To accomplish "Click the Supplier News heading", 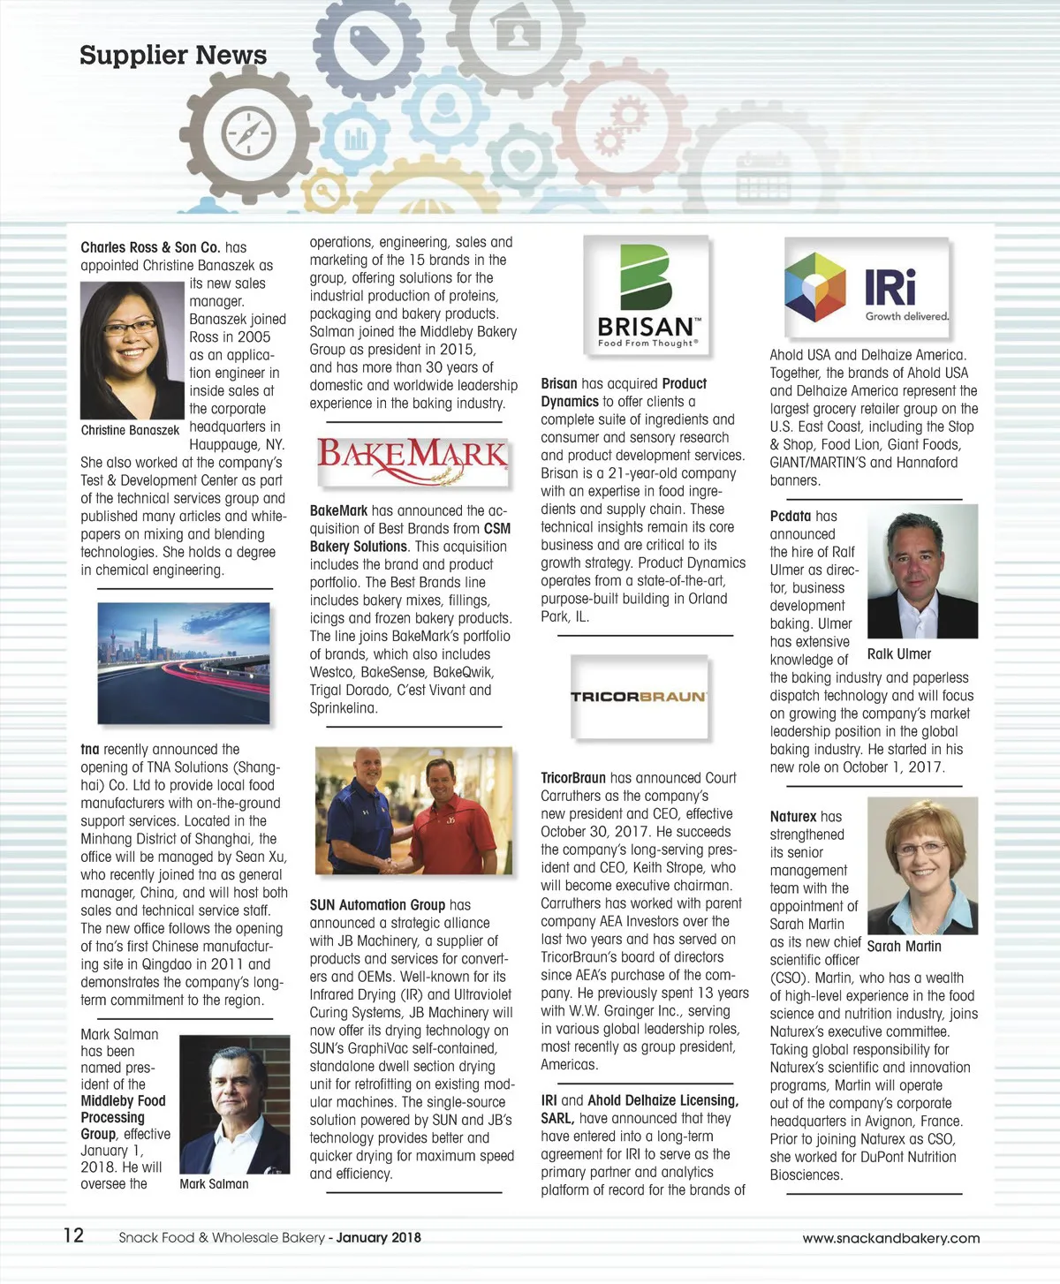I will [173, 55].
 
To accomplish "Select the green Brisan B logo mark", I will [646, 276].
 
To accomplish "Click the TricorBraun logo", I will [639, 697].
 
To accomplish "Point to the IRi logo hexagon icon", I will [815, 287].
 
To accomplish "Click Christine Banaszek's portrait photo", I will [132, 350].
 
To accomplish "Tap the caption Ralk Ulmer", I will [899, 654].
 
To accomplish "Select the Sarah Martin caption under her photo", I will [905, 947].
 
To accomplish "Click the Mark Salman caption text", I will [214, 1184].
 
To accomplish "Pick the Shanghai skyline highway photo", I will [184, 663].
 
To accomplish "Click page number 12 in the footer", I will [73, 1235].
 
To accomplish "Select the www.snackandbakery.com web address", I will [890, 1238].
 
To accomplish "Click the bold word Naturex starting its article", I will [792, 817].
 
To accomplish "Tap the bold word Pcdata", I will [790, 517].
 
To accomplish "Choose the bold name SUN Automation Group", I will [377, 905].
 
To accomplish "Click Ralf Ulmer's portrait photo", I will [922, 571].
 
